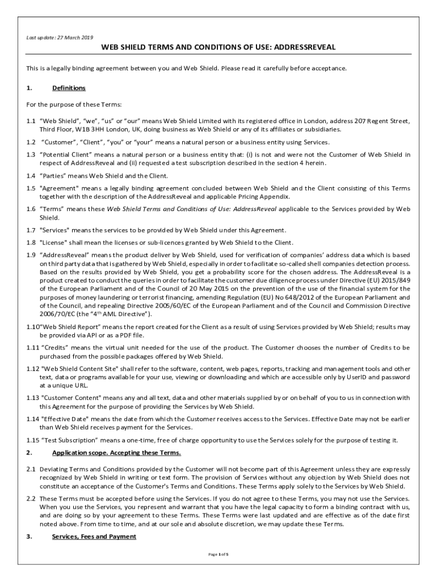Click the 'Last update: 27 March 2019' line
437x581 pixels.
coord(60,37)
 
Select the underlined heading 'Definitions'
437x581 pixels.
coord(69,88)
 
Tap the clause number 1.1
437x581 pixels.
coord(31,121)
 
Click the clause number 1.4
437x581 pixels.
coord(31,175)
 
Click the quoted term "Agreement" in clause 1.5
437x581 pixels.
coord(60,188)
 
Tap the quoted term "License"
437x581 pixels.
coord(56,242)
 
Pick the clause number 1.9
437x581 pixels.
coord(31,255)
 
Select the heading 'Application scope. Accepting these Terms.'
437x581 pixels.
coord(116,453)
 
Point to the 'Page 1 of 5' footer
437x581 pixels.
coord(218,554)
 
